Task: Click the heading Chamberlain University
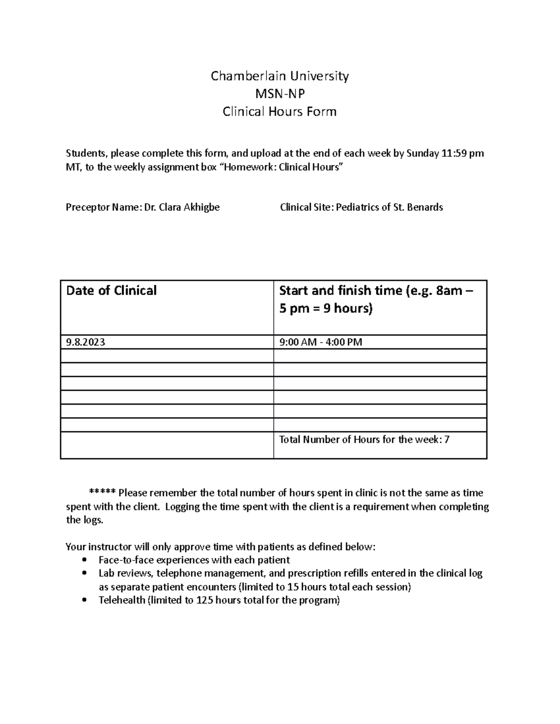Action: [x=280, y=76]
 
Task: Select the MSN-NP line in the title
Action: [x=280, y=94]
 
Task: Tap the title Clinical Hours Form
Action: [x=280, y=112]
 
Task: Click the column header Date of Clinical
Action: [x=112, y=291]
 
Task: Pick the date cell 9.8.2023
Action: [x=86, y=342]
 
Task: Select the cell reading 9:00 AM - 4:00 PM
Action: [x=321, y=342]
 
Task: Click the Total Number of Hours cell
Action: [x=364, y=440]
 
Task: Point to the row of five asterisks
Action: [x=102, y=493]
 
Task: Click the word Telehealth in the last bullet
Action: [x=121, y=600]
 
